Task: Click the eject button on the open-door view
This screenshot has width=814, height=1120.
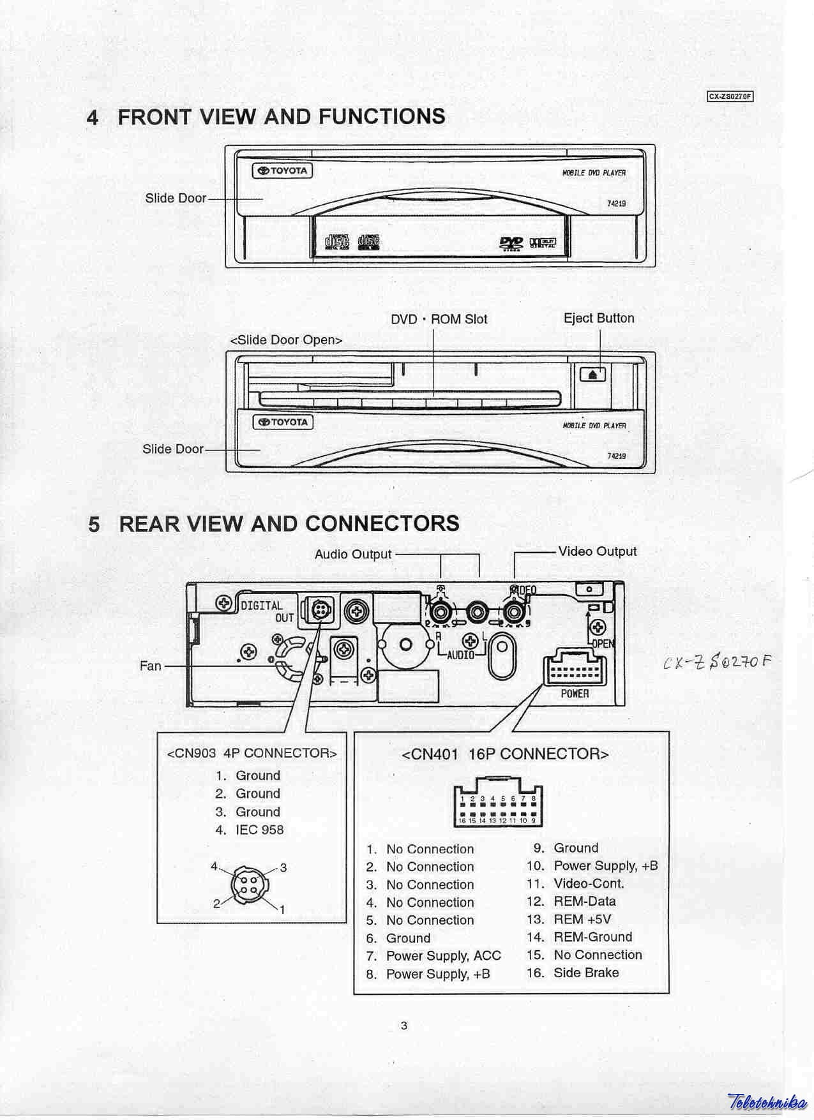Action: [592, 374]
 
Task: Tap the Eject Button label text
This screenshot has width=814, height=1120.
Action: [599, 318]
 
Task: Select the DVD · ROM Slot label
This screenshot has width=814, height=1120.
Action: [439, 319]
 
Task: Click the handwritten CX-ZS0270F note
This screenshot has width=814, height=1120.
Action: [717, 662]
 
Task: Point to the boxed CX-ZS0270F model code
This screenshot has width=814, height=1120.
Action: [730, 97]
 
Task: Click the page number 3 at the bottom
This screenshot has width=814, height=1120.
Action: [403, 1026]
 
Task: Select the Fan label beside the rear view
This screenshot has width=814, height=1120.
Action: [151, 666]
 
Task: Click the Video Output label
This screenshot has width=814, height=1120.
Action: [597, 551]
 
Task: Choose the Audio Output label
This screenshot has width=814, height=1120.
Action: [352, 555]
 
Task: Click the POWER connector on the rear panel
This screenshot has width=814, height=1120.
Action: [574, 670]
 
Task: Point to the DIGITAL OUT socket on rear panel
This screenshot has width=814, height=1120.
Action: [319, 611]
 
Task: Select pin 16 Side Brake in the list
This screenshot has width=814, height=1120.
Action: [573, 973]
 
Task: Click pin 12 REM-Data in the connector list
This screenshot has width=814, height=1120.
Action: [571, 901]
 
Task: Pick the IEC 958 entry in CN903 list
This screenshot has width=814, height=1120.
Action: [250, 830]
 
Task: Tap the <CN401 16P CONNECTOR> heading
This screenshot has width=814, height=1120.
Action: [505, 754]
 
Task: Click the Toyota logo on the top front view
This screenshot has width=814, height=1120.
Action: [283, 170]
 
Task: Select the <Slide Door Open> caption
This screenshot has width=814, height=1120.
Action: [286, 340]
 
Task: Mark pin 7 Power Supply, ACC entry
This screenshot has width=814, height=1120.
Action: [433, 955]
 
